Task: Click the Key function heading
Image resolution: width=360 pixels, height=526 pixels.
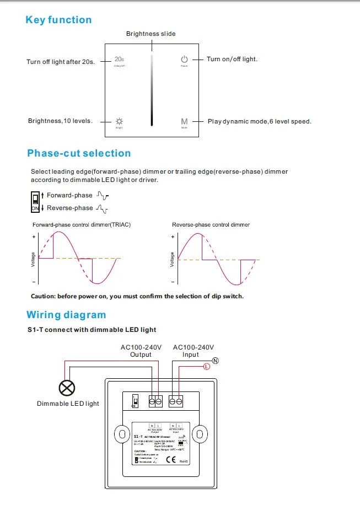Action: click(58, 20)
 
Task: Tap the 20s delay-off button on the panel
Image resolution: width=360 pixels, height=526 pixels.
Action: click(119, 60)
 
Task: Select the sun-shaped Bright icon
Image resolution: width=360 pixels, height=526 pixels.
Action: click(119, 121)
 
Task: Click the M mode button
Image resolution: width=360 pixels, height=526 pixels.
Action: click(184, 121)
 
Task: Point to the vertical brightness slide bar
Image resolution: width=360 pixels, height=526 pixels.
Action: click(152, 90)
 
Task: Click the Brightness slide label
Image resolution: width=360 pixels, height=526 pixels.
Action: click(151, 34)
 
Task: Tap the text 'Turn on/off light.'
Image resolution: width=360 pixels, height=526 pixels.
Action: click(232, 59)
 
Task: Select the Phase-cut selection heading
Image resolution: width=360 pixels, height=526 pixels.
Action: click(79, 153)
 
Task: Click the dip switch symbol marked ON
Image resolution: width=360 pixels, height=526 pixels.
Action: click(36, 201)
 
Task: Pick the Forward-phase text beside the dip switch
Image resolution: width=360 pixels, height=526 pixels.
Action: click(69, 195)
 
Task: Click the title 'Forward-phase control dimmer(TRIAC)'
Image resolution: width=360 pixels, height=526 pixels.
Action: click(82, 225)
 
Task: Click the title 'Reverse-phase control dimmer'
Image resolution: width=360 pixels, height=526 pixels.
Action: click(211, 225)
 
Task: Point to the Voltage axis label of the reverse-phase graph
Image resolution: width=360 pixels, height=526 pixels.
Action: click(173, 260)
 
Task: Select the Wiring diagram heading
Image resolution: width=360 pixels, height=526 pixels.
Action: click(66, 315)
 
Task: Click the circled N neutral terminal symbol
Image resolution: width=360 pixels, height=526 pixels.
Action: click(216, 361)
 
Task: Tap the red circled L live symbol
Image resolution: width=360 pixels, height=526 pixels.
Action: click(206, 366)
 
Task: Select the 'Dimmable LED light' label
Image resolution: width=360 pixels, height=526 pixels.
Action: click(68, 404)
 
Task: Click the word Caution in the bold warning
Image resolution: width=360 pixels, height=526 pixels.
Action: click(42, 296)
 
